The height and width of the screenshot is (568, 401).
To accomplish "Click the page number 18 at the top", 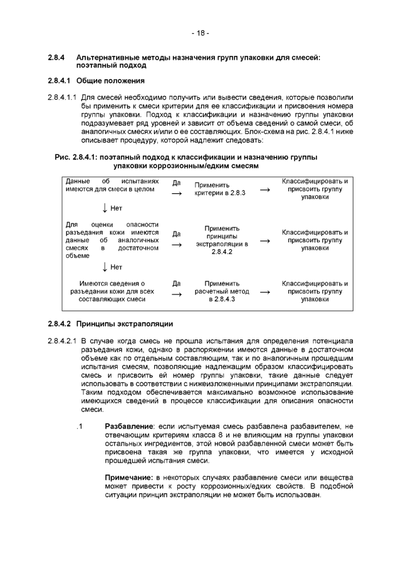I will (200, 32).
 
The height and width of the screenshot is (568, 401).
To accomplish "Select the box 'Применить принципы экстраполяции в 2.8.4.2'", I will (222, 240).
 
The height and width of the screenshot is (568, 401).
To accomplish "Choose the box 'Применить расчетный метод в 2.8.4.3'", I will (222, 291).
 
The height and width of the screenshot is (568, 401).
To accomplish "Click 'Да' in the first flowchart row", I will (177, 183).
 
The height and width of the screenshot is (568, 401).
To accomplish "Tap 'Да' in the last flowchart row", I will (177, 283).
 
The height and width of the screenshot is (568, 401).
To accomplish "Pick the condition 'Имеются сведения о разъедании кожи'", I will (112, 292).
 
